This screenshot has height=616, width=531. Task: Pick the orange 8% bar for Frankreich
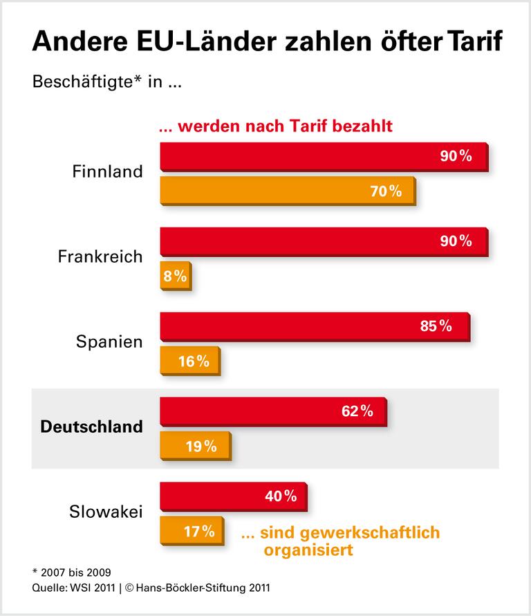pos(175,277)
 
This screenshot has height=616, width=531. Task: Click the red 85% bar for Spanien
pos(315,326)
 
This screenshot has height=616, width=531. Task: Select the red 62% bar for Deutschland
pos(273,411)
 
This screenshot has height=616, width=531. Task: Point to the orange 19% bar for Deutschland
pos(194,446)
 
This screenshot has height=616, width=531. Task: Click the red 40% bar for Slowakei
pos(233,496)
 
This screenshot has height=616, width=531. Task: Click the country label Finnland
pos(107,171)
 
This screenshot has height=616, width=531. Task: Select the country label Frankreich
pos(100,257)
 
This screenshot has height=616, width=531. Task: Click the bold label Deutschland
pos(92,427)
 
